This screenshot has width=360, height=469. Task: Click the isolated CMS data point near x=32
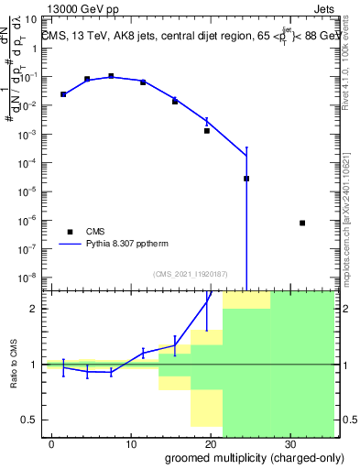click(302, 223)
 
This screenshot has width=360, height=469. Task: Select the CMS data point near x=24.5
click(246, 179)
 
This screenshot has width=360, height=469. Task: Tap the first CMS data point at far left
click(63, 94)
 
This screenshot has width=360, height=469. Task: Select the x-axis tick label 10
click(131, 442)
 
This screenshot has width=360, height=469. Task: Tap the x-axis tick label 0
click(52, 442)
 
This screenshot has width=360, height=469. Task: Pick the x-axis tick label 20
click(210, 442)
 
